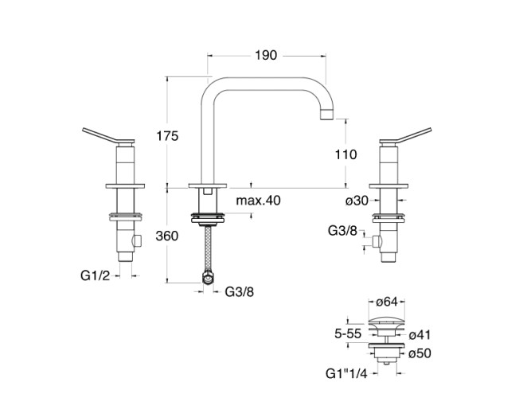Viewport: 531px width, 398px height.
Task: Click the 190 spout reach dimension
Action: (x=266, y=55)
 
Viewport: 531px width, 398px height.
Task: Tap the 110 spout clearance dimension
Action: (x=346, y=155)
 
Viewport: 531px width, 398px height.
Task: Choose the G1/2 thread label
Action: (x=95, y=275)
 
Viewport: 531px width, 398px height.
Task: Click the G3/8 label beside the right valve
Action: (x=343, y=231)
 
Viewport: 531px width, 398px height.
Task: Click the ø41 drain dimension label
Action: (x=421, y=337)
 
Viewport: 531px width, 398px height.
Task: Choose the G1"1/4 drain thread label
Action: (x=346, y=373)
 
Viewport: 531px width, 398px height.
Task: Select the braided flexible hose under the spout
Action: (x=209, y=250)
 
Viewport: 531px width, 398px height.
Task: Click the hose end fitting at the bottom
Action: (x=209, y=279)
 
